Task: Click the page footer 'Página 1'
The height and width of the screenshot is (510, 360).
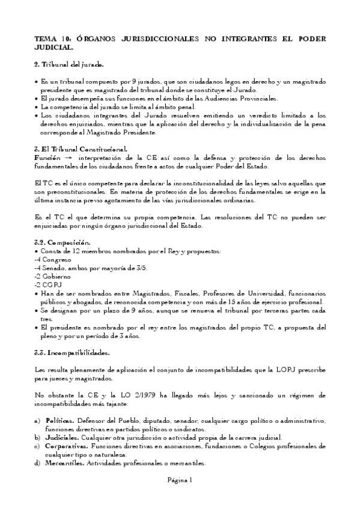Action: pos(179,479)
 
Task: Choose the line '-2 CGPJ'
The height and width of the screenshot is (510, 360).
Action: pos(49,284)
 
